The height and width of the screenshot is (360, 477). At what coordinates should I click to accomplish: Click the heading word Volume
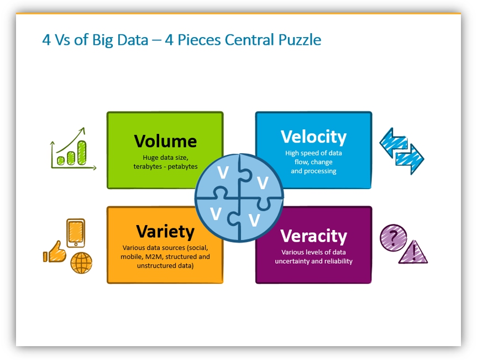pyautogui.click(x=165, y=141)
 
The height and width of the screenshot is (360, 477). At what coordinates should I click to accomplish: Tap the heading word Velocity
pyautogui.click(x=313, y=137)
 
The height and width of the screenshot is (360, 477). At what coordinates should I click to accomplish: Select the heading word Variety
pyautogui.click(x=165, y=232)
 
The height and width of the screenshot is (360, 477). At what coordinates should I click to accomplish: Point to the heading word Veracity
pyautogui.click(x=313, y=236)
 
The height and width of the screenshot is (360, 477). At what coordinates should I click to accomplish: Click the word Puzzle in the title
pyautogui.click(x=300, y=40)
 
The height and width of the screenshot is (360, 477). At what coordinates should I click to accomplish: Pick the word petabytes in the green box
pyautogui.click(x=182, y=166)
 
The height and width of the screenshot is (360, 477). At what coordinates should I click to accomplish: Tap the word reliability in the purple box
pyautogui.click(x=338, y=261)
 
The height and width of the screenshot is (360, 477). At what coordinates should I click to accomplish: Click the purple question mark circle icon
pyautogui.click(x=393, y=238)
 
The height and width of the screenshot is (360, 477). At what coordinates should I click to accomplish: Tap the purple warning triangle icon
pyautogui.click(x=413, y=253)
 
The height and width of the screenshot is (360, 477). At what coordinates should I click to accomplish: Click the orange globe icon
pyautogui.click(x=81, y=263)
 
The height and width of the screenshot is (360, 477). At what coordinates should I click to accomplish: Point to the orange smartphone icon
pyautogui.click(x=76, y=233)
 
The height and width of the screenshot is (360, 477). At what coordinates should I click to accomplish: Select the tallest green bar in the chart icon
pyautogui.click(x=82, y=153)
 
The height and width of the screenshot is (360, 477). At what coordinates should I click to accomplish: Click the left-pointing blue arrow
pyautogui.click(x=394, y=143)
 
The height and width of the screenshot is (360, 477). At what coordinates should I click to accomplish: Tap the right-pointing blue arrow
pyautogui.click(x=410, y=159)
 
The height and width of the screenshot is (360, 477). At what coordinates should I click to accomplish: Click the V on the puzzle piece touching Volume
pyautogui.click(x=223, y=173)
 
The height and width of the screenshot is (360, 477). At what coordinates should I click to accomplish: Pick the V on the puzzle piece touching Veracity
pyautogui.click(x=254, y=220)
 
